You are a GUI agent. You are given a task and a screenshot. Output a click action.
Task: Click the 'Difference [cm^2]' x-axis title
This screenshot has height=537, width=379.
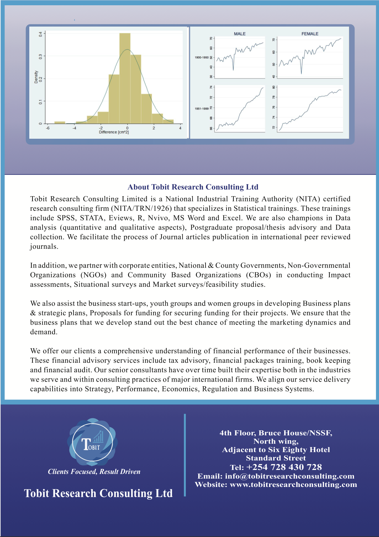pyautogui.click(x=114, y=132)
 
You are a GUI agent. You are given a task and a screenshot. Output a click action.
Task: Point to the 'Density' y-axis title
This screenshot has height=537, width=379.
pyautogui.click(x=36, y=77)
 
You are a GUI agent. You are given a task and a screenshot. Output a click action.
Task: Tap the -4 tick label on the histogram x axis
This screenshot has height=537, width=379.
pyautogui.click(x=74, y=128)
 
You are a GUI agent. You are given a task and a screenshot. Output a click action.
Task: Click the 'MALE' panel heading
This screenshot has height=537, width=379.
pyautogui.click(x=239, y=34)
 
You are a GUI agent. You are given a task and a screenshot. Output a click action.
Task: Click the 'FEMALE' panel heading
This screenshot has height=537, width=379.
pyautogui.click(x=310, y=34)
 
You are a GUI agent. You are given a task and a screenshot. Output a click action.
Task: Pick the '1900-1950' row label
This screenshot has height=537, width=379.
pyautogui.click(x=202, y=57)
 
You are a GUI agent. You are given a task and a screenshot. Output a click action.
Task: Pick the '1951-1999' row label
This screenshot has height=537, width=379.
pyautogui.click(x=202, y=109)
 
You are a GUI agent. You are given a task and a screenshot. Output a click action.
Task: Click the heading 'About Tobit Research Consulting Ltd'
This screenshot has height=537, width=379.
pyautogui.click(x=193, y=187)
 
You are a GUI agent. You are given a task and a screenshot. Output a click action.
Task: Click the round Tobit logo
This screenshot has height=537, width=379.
pyautogui.click(x=92, y=442)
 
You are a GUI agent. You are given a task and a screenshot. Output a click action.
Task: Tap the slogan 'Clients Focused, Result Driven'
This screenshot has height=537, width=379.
pyautogui.click(x=94, y=472)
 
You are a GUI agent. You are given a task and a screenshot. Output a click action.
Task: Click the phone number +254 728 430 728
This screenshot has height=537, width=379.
pyautogui.click(x=284, y=467)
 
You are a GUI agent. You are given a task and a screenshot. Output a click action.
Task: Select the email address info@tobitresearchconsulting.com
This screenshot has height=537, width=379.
pyautogui.click(x=289, y=476)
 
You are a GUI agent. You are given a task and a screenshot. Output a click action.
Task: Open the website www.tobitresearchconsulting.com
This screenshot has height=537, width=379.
pyautogui.click(x=293, y=484)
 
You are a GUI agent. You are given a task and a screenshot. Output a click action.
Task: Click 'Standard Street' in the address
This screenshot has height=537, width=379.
pyautogui.click(x=276, y=458)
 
